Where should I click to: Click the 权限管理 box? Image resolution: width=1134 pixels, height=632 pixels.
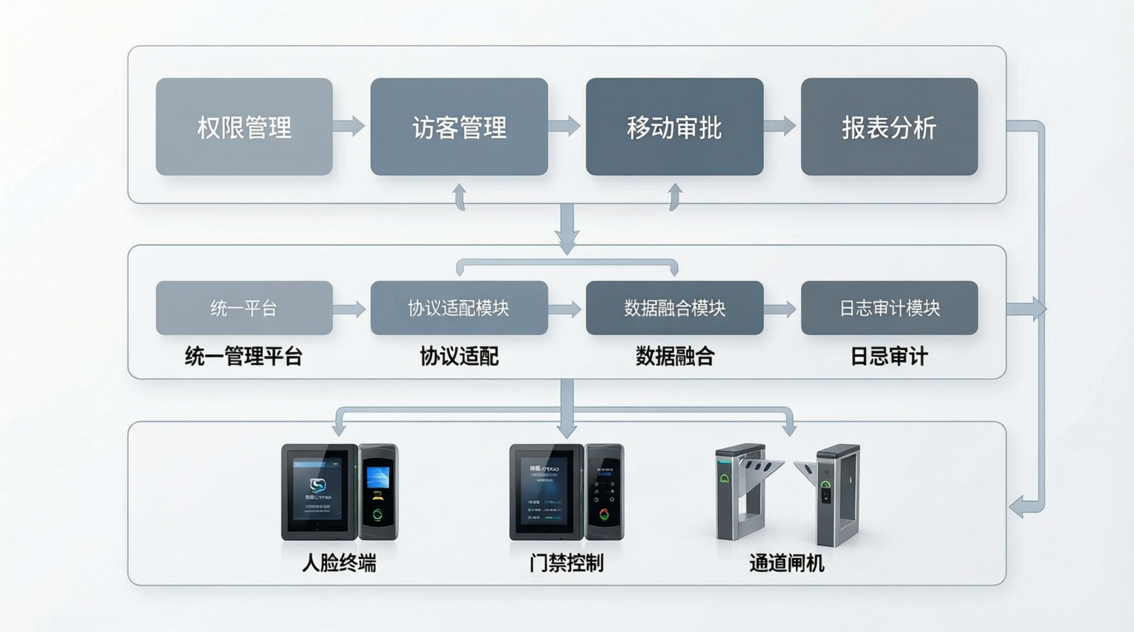(x=244, y=127)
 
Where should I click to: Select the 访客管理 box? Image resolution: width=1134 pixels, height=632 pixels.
(x=459, y=127)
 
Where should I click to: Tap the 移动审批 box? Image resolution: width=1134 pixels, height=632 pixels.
(x=674, y=127)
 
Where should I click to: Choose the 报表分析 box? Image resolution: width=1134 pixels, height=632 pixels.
(x=889, y=127)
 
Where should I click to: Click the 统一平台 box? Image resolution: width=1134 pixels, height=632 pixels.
(x=244, y=308)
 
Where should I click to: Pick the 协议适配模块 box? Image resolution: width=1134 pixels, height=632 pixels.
(x=459, y=308)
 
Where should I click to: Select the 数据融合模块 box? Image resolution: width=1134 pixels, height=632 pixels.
(x=674, y=308)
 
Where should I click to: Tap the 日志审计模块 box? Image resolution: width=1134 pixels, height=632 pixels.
(x=889, y=308)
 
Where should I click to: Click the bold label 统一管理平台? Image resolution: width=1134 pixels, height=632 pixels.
(x=244, y=356)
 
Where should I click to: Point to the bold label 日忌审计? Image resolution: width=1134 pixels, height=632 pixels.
(x=889, y=356)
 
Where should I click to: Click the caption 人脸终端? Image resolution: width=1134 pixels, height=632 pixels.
(x=339, y=563)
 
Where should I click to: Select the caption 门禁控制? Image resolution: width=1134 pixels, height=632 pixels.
(x=566, y=563)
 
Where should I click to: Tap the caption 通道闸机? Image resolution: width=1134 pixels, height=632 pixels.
(x=786, y=563)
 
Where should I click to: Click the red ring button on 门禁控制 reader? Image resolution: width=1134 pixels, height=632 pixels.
(x=604, y=515)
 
